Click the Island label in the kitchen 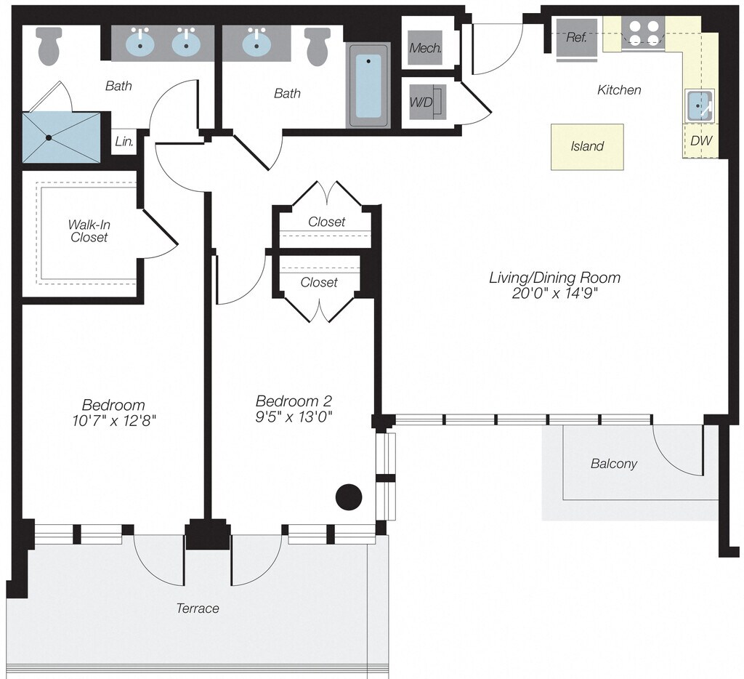click(x=587, y=146)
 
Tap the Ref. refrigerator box click(x=576, y=38)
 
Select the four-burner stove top click(x=644, y=33)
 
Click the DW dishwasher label click(x=700, y=141)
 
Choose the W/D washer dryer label click(x=421, y=102)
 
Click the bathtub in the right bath click(x=369, y=85)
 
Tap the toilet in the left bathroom click(x=49, y=45)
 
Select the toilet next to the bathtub click(x=318, y=45)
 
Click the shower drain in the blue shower click(x=49, y=137)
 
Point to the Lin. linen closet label click(x=124, y=142)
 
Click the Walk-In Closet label click(x=89, y=230)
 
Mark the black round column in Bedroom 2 click(x=349, y=497)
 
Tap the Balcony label click(x=613, y=463)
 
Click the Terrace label click(x=198, y=608)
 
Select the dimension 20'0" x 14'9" click(x=554, y=293)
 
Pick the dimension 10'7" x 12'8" click(x=113, y=420)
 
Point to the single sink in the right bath click(x=255, y=43)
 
